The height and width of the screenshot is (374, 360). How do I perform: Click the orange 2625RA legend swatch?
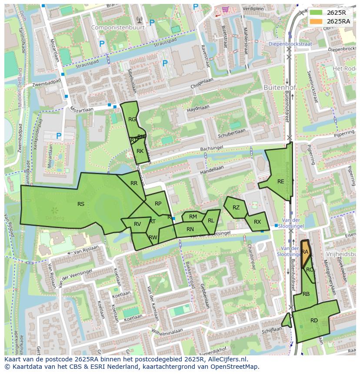pyautogui.click(x=316, y=21)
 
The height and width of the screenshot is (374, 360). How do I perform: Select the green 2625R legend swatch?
pyautogui.click(x=316, y=13)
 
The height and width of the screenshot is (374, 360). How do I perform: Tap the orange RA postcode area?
pyautogui.click(x=305, y=252)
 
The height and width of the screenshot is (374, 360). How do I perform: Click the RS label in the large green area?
pyautogui.click(x=81, y=204)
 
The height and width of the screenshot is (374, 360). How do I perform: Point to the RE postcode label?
pyautogui.click(x=281, y=182)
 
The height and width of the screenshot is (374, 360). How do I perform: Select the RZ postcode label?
pyautogui.click(x=236, y=208)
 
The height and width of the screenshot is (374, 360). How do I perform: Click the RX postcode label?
pyautogui.click(x=257, y=222)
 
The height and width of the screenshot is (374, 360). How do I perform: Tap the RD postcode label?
pyautogui.click(x=314, y=321)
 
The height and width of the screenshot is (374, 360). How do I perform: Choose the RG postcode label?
pyautogui.click(x=132, y=119)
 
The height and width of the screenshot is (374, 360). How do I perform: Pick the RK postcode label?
pyautogui.click(x=140, y=151)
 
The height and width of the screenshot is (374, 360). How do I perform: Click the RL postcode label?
pyautogui.click(x=211, y=221)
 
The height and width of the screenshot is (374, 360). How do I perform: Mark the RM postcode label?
pyautogui.click(x=193, y=217)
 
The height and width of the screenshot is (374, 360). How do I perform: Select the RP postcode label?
pyautogui.click(x=158, y=204)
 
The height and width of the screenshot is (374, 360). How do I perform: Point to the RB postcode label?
pyautogui.click(x=306, y=294)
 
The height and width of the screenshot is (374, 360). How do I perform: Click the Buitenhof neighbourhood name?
pyautogui.click(x=280, y=87)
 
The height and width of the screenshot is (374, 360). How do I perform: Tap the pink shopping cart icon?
pyautogui.click(x=225, y=9)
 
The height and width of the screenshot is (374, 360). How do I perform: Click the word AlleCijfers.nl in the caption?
pyautogui.click(x=226, y=359)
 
